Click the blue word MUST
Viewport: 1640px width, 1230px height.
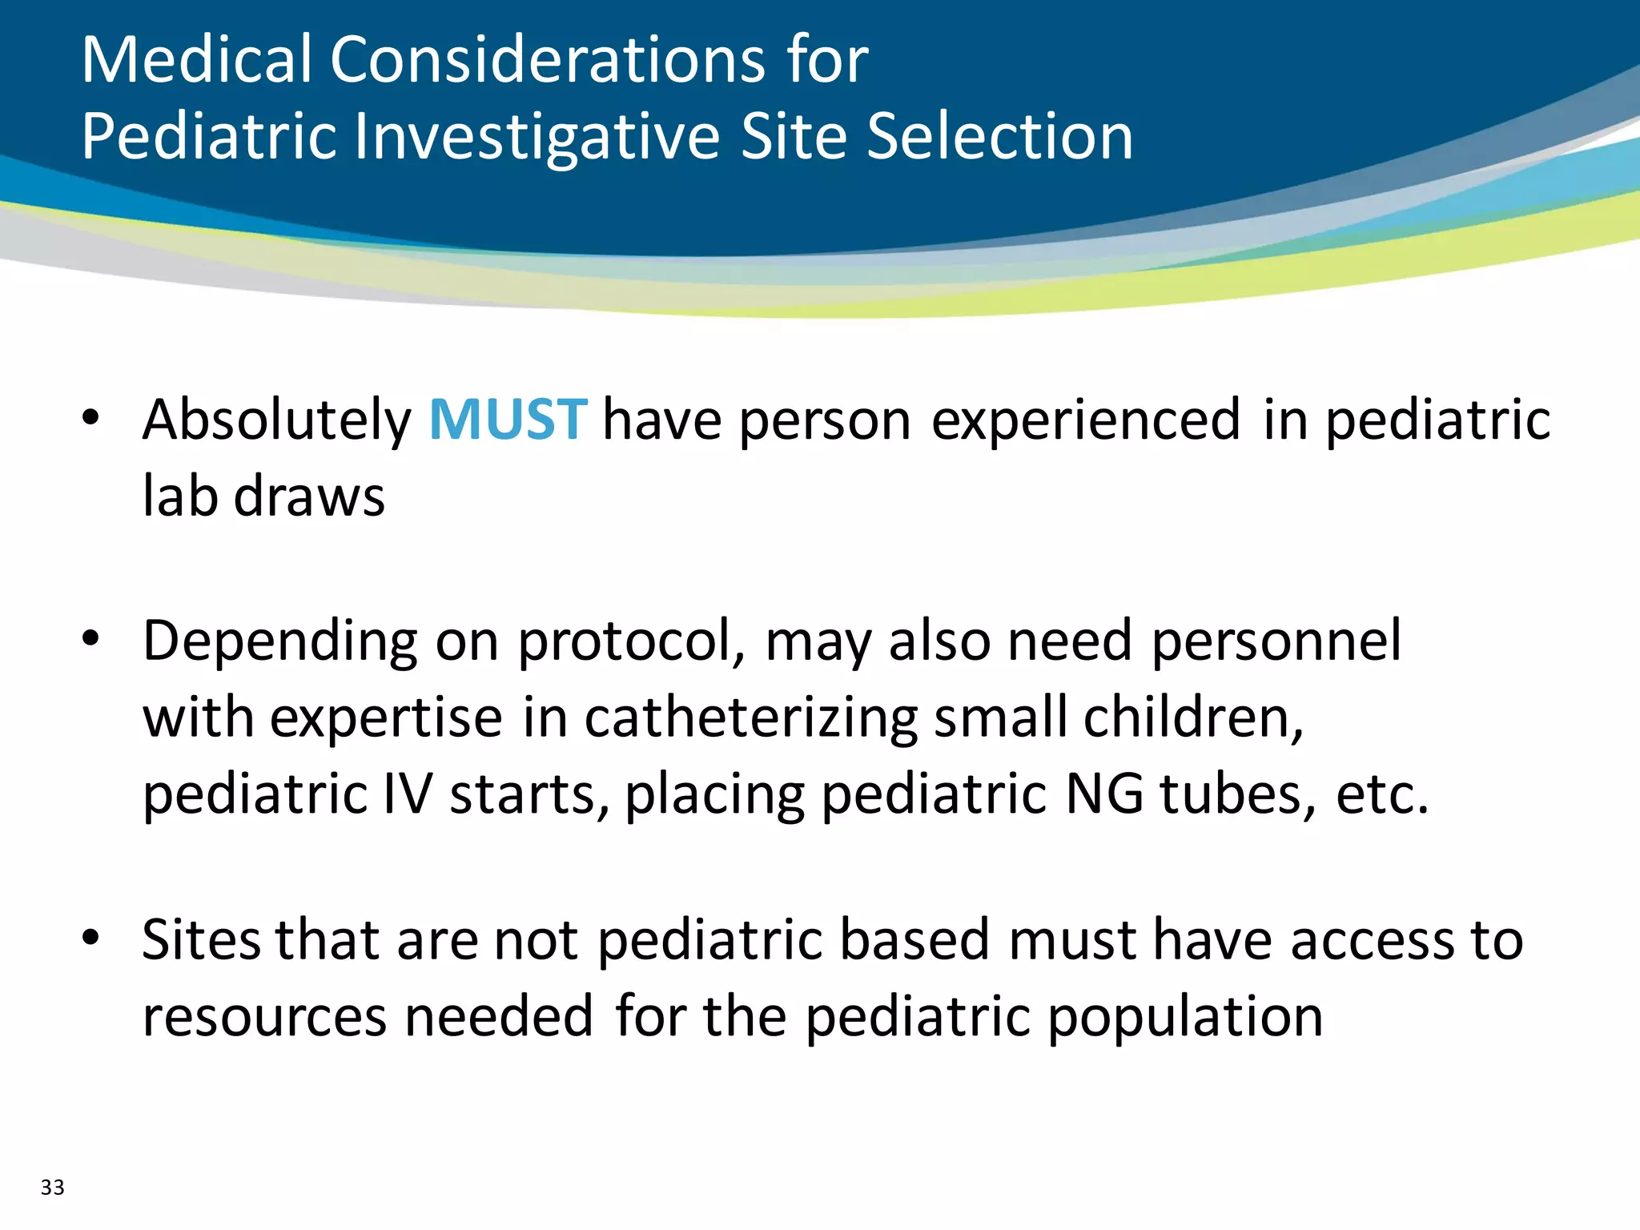coord(508,420)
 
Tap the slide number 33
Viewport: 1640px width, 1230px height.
coord(53,1187)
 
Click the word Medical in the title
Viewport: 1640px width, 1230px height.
coord(196,60)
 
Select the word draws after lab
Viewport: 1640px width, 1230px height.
coord(309,496)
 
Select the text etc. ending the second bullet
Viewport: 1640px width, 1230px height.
coord(1382,794)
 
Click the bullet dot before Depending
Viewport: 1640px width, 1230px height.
coord(90,638)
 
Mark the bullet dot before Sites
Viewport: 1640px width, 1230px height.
coord(90,937)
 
